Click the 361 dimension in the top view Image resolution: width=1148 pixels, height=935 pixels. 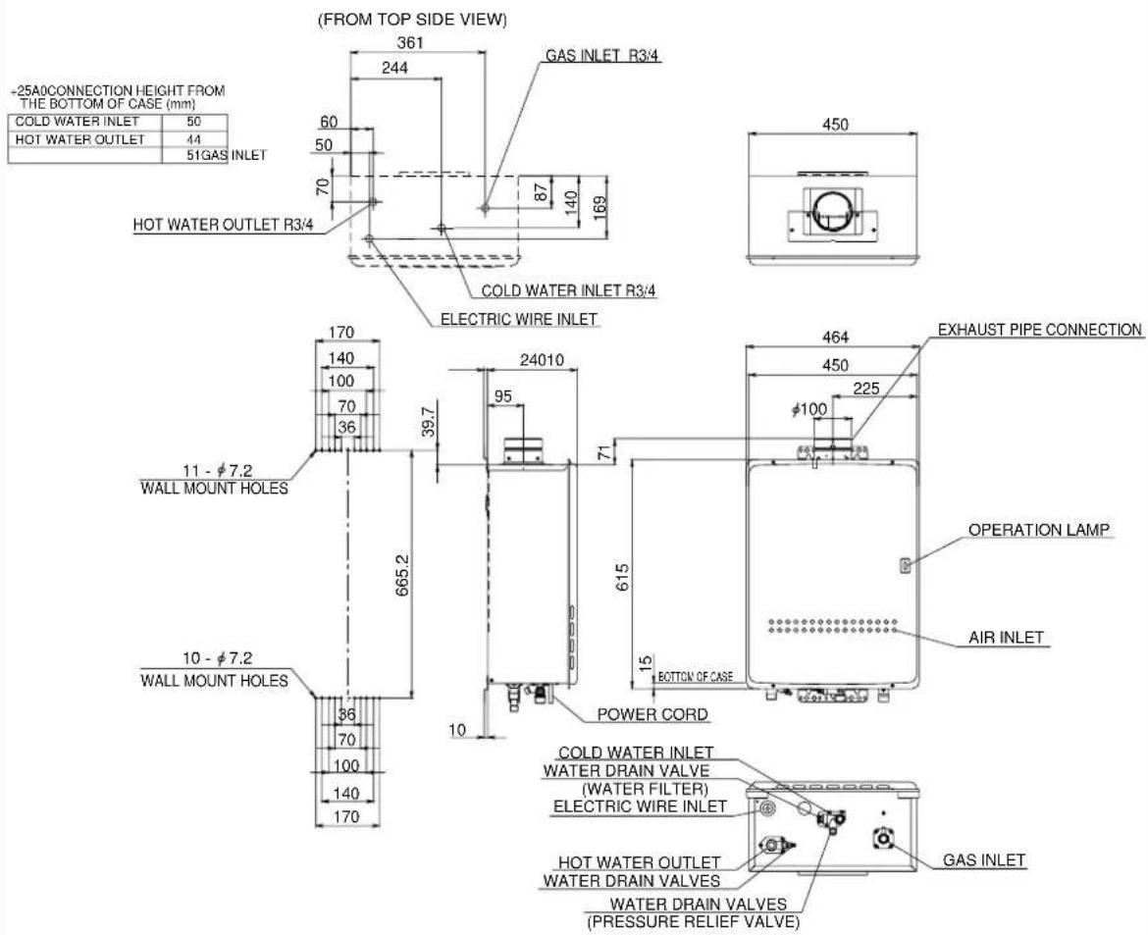click(410, 42)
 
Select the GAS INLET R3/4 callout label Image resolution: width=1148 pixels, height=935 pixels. click(604, 56)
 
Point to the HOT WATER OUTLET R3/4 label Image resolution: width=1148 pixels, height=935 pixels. click(224, 225)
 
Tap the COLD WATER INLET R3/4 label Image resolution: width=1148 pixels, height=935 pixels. click(568, 290)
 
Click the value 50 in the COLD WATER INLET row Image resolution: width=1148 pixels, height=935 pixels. click(194, 122)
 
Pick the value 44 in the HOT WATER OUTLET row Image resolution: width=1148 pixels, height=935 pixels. click(194, 139)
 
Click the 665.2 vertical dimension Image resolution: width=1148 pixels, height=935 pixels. click(402, 575)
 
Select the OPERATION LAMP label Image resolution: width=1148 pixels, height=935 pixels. click(1039, 530)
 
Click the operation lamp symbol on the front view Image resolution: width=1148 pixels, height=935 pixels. click(905, 565)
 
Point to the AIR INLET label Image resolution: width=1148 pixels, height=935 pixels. click(1006, 638)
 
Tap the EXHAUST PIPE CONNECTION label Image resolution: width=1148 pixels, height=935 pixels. click(1040, 330)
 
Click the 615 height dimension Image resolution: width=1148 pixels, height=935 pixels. click(622, 578)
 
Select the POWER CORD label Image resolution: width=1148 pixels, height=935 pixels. click(652, 714)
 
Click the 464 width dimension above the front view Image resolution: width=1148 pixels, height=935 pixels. click(835, 338)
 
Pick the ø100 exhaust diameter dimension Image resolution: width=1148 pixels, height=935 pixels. click(809, 409)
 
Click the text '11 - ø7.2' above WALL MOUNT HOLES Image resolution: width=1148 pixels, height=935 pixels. click(218, 471)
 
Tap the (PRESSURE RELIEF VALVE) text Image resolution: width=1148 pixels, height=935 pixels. click(694, 922)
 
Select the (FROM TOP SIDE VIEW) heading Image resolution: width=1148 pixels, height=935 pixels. click(412, 20)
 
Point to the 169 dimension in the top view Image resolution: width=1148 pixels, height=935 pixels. click(599, 207)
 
